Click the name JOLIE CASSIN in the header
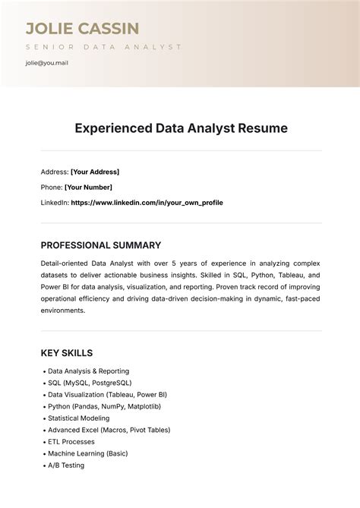click(82, 29)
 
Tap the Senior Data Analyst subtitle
click(103, 46)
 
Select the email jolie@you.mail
click(47, 63)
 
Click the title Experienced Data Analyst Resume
click(181, 128)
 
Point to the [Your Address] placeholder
click(95, 172)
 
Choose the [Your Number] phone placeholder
click(88, 187)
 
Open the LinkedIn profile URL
click(147, 203)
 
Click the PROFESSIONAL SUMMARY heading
click(100, 245)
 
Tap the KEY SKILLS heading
click(66, 353)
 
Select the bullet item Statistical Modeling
click(79, 418)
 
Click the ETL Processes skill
click(71, 441)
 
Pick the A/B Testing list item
click(66, 465)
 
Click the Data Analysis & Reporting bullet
click(88, 371)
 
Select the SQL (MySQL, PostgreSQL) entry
click(90, 383)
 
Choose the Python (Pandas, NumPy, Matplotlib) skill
click(104, 406)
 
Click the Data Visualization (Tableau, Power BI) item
click(107, 395)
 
